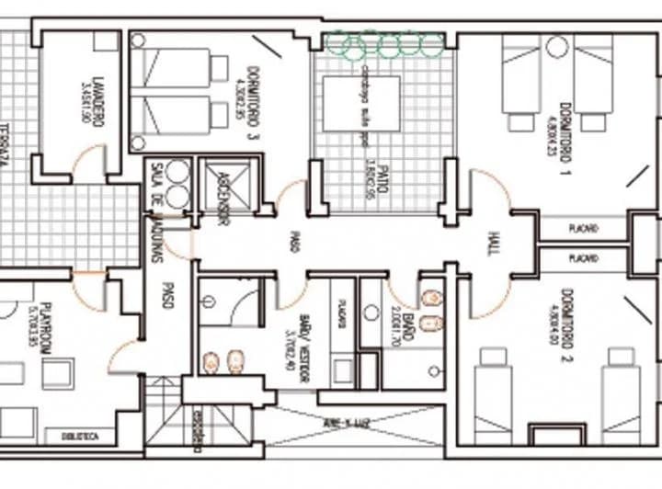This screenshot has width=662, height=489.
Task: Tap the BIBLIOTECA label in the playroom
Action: [x=78, y=437]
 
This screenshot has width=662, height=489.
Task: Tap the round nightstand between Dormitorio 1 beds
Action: [x=556, y=47]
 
